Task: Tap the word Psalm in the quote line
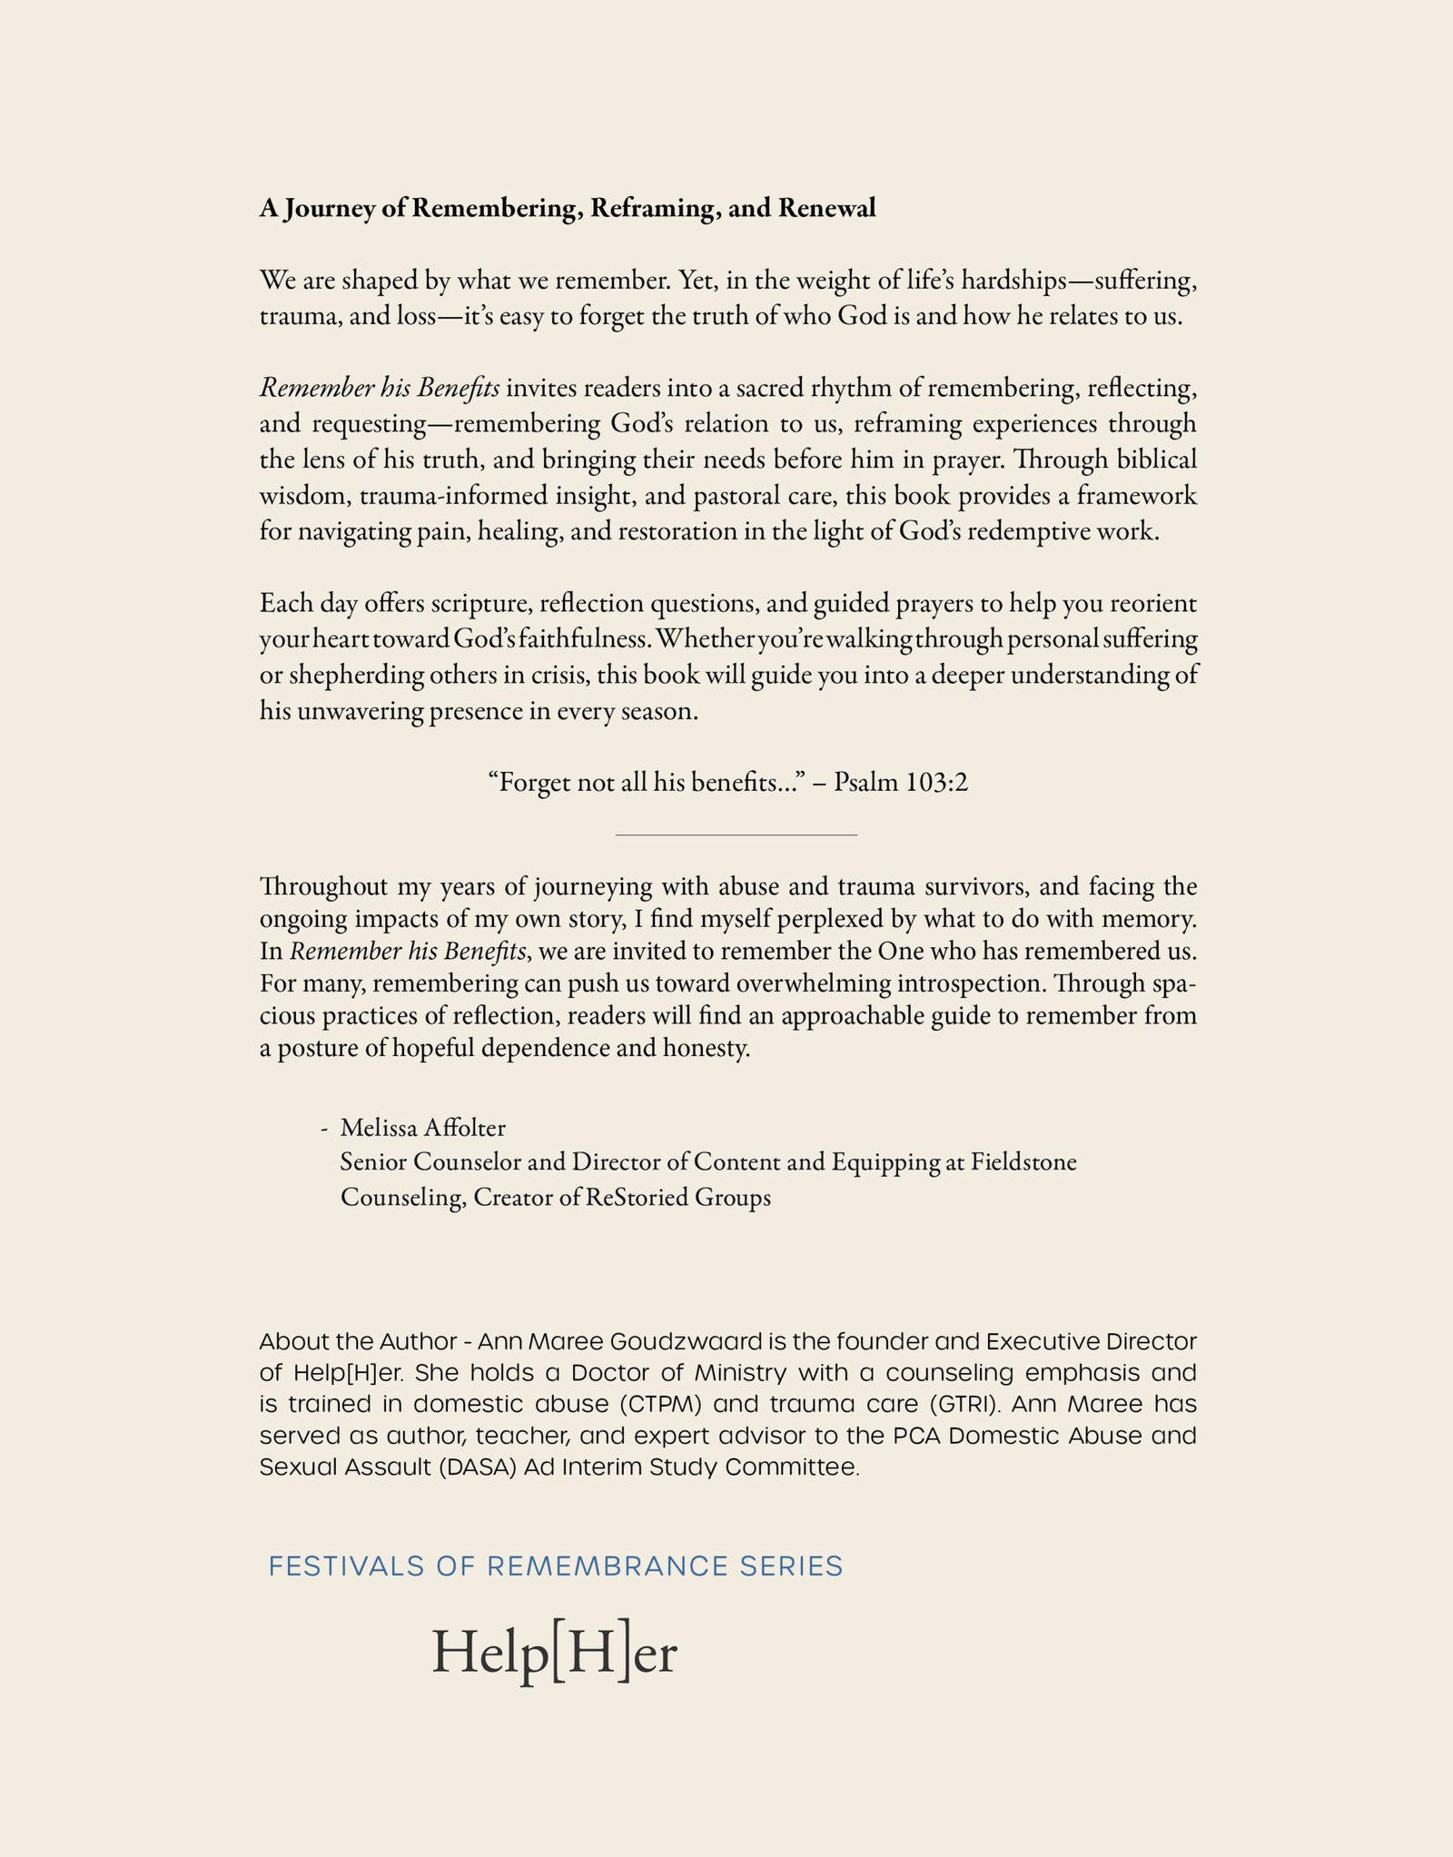coord(865,782)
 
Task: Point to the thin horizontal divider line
coord(736,834)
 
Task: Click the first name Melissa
coord(379,1128)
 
